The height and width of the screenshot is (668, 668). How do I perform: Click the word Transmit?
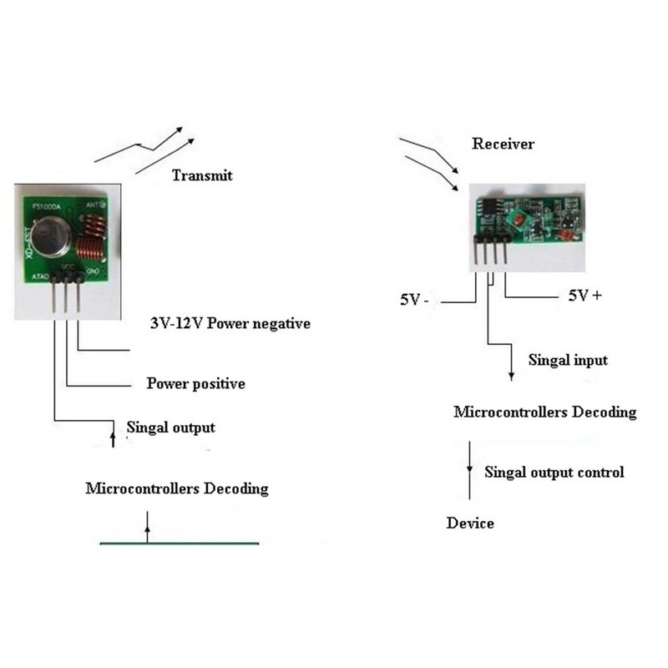pos(201,175)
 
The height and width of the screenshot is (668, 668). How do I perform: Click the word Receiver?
pos(503,144)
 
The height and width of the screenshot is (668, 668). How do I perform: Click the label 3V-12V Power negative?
pos(229,323)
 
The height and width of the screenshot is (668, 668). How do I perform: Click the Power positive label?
pos(195,384)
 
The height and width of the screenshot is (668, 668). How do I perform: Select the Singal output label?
pos(170,428)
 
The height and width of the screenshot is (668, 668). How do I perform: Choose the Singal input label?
pos(568,360)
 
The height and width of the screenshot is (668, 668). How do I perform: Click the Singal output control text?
pos(554,472)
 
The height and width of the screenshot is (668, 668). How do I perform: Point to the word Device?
pos(470,524)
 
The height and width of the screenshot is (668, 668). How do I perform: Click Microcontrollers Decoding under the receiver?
pos(544,412)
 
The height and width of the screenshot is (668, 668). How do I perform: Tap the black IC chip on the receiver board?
pos(493,205)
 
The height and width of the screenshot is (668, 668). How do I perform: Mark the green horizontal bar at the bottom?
pos(180,543)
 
